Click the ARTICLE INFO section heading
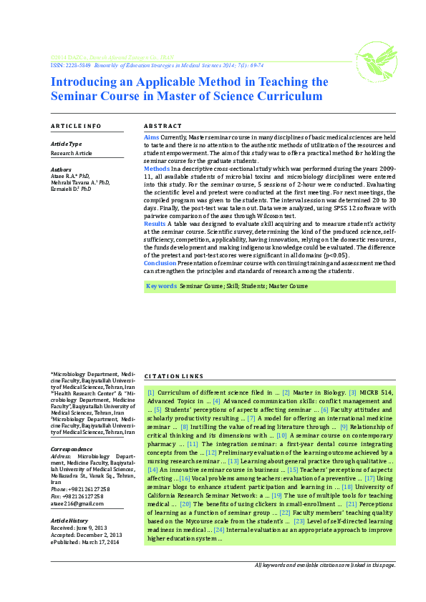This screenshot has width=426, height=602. pos(76,126)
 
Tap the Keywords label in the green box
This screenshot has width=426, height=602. pos(161,286)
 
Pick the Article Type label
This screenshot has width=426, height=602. pos(66,144)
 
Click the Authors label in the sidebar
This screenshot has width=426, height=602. pos(62,169)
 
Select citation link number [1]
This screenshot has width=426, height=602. pos(150,393)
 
